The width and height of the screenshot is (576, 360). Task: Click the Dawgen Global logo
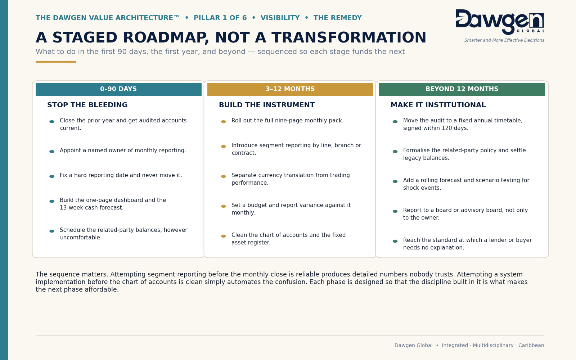pos(500,22)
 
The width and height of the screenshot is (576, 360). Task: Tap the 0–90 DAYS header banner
pos(118,89)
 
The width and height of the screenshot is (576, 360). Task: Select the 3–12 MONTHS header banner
pos(290,89)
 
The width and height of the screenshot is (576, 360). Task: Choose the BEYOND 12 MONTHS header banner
pos(462,89)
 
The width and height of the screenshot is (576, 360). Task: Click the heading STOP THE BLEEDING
pos(87,105)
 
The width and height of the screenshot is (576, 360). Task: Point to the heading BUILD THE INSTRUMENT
pos(267,105)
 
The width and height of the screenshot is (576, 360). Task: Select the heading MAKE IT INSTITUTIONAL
pos(438,105)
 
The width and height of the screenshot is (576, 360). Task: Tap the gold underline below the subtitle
pos(56,62)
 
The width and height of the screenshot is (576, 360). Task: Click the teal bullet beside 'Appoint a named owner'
pos(52,152)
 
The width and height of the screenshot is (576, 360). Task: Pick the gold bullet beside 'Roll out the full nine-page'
pos(224,122)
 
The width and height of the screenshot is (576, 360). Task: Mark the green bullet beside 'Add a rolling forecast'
pos(395,181)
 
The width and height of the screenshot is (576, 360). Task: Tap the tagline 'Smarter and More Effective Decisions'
pos(504,40)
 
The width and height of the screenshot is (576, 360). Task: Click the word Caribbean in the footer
pos(531,345)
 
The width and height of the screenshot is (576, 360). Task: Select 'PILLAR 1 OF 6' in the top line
pos(220,18)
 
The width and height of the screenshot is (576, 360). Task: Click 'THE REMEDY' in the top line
pos(337,18)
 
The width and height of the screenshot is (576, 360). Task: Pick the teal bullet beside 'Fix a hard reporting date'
pos(52,176)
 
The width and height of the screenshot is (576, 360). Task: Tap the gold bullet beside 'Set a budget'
pos(224,206)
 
